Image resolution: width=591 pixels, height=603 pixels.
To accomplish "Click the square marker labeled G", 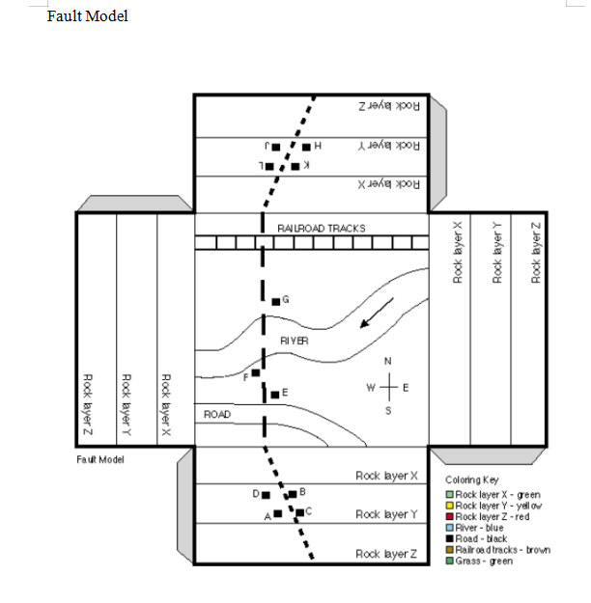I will coord(275,302).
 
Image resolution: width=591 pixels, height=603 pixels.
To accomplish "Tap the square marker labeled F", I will coord(256,372).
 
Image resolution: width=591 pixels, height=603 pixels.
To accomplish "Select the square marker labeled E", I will coord(275,394).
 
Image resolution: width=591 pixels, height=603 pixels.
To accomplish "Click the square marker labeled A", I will coord(278,514).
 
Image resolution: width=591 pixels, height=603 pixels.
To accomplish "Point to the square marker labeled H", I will coord(306,147).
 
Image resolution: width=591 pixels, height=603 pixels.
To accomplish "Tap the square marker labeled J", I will coord(275,147).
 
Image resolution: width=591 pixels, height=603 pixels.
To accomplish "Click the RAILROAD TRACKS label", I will coord(322,229).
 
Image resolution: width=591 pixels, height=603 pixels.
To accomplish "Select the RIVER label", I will coord(295,342).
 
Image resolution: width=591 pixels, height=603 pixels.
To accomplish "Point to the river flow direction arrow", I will coord(377,314).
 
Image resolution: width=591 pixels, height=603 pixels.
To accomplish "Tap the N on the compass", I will coord(388,361).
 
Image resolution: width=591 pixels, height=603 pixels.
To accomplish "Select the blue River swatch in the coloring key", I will coord(450,528).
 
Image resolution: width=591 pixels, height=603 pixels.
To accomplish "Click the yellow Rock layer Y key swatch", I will coord(450,506).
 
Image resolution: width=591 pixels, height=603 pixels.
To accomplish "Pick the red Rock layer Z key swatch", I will coord(450,516).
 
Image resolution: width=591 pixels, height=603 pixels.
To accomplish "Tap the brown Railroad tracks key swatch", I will coord(450,550).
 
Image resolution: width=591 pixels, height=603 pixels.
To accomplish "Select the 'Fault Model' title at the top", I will coord(87,15).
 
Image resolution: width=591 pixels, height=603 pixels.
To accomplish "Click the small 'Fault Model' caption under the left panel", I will coord(100,458).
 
